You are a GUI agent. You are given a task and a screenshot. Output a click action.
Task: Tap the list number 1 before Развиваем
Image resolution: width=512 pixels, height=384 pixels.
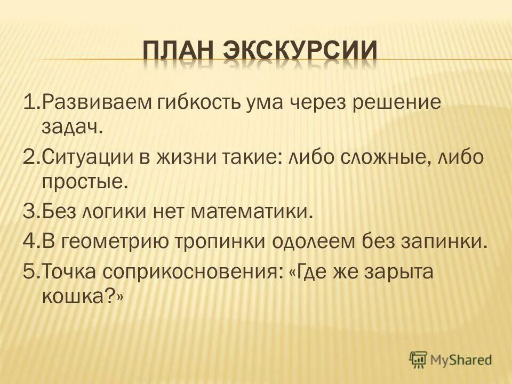point(29,102)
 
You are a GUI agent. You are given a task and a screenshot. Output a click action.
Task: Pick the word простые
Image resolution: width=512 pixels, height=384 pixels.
point(84,185)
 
